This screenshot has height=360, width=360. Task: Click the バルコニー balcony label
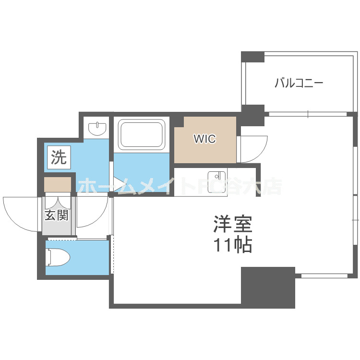[299, 83]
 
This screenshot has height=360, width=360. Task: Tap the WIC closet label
[204, 139]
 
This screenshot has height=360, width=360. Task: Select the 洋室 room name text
[233, 224]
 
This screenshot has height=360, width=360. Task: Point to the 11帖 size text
[233, 245]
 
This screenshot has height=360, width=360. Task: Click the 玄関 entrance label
[57, 215]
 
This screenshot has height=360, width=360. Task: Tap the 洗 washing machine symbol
[59, 157]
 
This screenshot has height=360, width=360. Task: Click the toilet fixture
[57, 257]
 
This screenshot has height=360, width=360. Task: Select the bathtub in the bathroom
[141, 134]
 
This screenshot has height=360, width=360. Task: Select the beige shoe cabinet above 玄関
[57, 184]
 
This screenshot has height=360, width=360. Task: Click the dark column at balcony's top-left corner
[252, 57]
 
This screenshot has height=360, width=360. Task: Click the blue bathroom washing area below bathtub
[142, 166]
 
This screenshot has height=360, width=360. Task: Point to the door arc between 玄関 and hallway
[94, 211]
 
